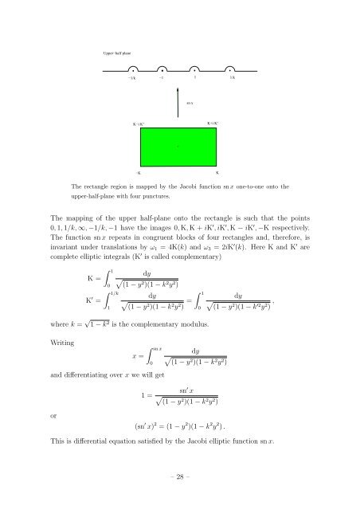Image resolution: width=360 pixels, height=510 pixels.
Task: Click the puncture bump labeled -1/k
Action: (131, 69)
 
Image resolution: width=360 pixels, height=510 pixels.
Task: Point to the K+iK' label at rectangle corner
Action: (213, 124)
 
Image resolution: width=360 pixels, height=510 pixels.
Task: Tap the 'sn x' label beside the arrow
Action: (190, 104)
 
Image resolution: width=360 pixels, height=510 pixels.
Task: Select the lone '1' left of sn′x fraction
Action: (141, 394)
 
